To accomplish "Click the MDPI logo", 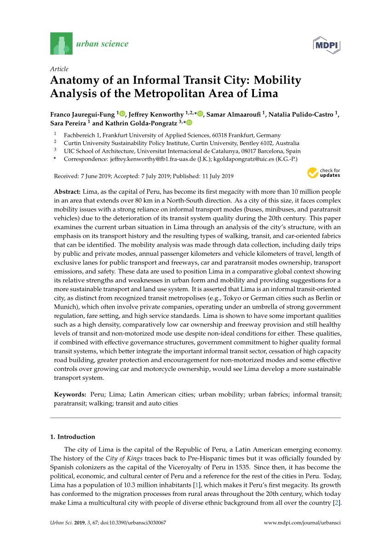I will (x=326, y=45).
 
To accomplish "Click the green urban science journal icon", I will (x=61, y=44).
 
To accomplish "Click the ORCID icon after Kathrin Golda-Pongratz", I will (x=189, y=123).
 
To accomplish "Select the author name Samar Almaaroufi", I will (x=234, y=114).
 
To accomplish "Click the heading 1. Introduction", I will (x=72, y=437).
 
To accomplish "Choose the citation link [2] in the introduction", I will (x=336, y=502).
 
